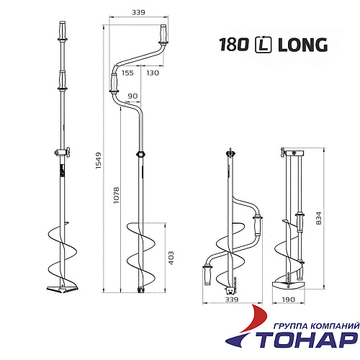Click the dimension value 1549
point(99,166)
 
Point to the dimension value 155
point(128,73)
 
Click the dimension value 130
point(153,73)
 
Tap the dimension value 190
point(288,300)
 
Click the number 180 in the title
point(235,45)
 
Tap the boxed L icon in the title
point(263,45)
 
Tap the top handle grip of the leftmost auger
point(60,32)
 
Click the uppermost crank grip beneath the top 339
point(163,33)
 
